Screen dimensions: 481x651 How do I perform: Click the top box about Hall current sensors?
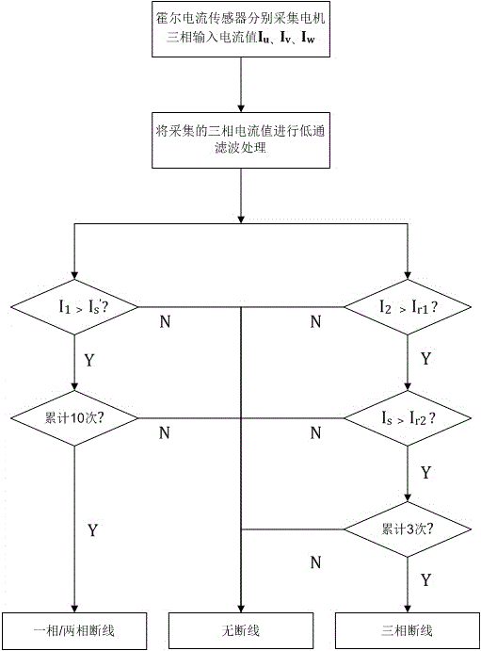point(241,29)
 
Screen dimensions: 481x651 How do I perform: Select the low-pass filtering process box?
point(241,140)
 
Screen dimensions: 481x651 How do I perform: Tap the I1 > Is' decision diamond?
point(74,307)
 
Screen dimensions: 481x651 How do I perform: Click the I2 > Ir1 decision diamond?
point(408,307)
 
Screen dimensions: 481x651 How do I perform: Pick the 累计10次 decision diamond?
point(74,418)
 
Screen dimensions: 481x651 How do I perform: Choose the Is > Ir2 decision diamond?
point(408,418)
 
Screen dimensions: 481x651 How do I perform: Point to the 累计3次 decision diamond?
point(408,529)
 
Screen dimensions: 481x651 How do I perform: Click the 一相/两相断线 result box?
point(74,630)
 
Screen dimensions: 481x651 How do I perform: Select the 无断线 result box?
point(241,630)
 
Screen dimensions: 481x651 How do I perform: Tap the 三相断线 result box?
point(408,630)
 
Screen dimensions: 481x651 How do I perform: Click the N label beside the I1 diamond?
point(165,321)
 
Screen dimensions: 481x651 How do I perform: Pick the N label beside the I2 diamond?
point(316,321)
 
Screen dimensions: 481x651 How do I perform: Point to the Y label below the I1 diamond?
point(89,360)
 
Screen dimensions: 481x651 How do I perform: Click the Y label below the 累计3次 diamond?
point(425,579)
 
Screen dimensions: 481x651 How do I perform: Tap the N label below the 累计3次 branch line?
point(316,562)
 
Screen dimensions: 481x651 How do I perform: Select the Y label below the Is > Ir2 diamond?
point(425,473)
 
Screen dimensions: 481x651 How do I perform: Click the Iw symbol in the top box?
point(308,39)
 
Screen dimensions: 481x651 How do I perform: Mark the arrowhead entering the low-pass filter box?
point(241,107)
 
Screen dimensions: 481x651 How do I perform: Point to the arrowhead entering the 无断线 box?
point(241,608)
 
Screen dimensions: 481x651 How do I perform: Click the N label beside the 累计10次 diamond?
point(165,432)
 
